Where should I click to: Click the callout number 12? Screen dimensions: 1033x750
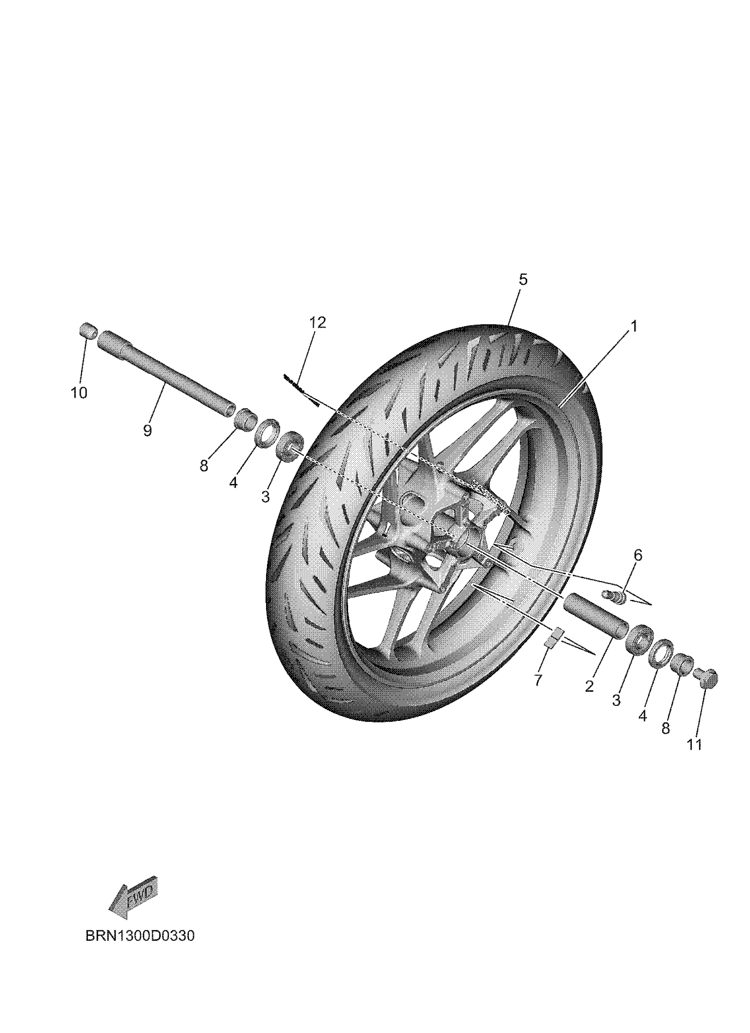click(x=318, y=322)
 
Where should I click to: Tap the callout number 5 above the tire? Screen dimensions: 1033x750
click(x=523, y=279)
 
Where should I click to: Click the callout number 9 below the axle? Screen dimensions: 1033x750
click(x=147, y=430)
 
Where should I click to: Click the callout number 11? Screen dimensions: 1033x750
click(x=694, y=745)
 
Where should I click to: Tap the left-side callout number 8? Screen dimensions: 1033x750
click(x=204, y=466)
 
